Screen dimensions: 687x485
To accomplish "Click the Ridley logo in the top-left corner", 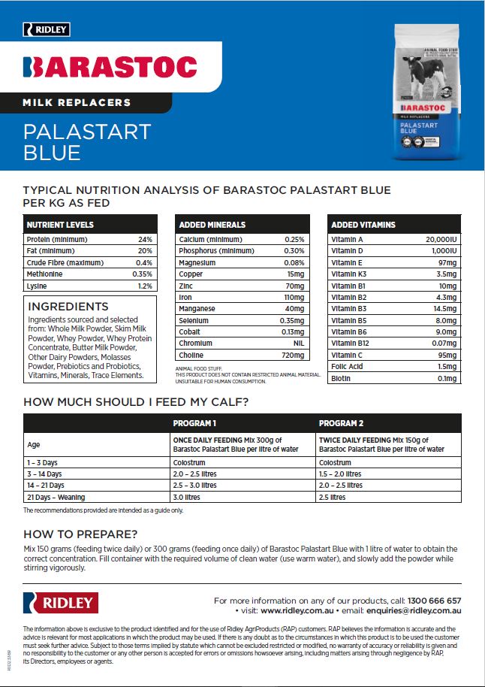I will [x=47, y=29].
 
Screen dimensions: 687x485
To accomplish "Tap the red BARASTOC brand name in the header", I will [x=110, y=67].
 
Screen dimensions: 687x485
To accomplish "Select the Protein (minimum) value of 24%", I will [x=145, y=239].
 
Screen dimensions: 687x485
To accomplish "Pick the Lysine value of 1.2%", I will [x=145, y=286].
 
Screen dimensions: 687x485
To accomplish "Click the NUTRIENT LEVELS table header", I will [x=60, y=224].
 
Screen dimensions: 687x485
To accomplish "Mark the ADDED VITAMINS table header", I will [x=363, y=224].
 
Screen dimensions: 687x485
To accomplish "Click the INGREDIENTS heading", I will [x=68, y=307].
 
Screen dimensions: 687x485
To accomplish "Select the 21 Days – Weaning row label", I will [x=56, y=497].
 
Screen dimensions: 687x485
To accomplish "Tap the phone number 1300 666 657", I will [x=434, y=601].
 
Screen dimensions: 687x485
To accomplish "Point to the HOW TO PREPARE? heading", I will [x=80, y=534].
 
